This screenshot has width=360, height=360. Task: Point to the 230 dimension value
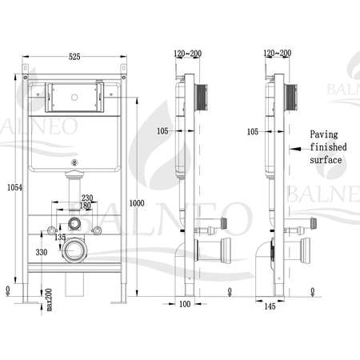point(86,198)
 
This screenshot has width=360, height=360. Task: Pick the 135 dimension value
point(59,237)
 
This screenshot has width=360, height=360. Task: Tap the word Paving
point(324,135)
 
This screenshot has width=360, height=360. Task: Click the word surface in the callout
point(326,160)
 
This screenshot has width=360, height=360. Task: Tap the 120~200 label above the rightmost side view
point(274,53)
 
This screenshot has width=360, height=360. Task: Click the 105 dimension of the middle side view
point(163,131)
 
